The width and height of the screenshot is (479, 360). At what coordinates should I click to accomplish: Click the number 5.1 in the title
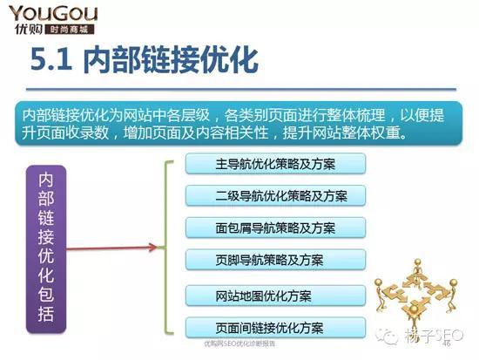tap(52, 63)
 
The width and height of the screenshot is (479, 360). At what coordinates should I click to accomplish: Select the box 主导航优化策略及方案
tap(275, 163)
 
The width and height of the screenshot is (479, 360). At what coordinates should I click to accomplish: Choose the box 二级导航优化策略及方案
tap(275, 195)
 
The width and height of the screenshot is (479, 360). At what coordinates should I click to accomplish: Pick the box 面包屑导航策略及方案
tap(275, 228)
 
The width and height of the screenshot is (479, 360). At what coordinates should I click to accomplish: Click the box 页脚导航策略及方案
tap(275, 260)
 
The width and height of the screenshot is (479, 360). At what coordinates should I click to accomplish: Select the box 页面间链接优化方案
tap(275, 328)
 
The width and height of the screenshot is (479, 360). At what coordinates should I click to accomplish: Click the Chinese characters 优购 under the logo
tap(27, 29)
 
